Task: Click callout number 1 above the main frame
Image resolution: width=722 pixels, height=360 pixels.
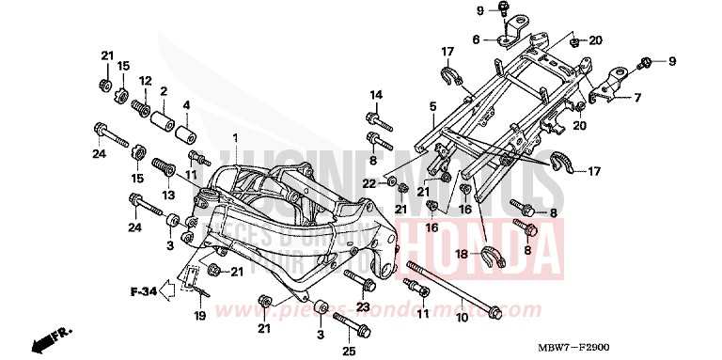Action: tap(236, 138)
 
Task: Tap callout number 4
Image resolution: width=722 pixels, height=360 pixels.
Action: tap(186, 104)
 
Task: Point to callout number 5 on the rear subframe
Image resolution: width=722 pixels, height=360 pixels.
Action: tap(432, 108)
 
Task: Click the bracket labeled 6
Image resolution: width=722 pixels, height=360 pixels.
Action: tap(510, 34)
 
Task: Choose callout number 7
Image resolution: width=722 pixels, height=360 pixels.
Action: tap(636, 98)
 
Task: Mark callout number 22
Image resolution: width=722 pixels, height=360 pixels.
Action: tap(368, 182)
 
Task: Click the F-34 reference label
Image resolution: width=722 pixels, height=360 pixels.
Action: tap(142, 292)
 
